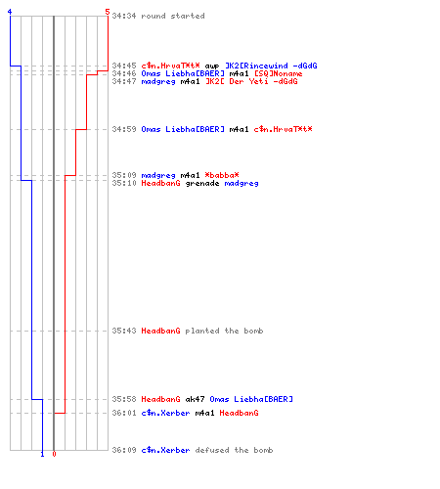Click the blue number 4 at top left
[x=10, y=12]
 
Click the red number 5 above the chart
[x=108, y=12]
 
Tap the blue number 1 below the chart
[x=42, y=454]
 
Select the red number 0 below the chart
[x=54, y=454]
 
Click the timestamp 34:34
[x=124, y=16]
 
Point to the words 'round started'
[x=173, y=16]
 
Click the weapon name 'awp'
[x=212, y=67]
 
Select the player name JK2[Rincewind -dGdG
[x=271, y=66]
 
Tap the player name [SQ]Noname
[x=278, y=73]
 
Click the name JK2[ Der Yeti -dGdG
[x=251, y=81]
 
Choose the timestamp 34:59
[x=124, y=129]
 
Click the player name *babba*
[x=222, y=175]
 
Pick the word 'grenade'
[x=202, y=184]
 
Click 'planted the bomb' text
[x=224, y=331]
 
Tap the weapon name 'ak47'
[x=195, y=399]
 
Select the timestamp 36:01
[x=124, y=413]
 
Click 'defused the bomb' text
[x=234, y=450]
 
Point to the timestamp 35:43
[x=124, y=331]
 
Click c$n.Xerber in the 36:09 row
[x=165, y=450]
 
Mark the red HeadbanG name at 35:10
[x=160, y=183]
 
